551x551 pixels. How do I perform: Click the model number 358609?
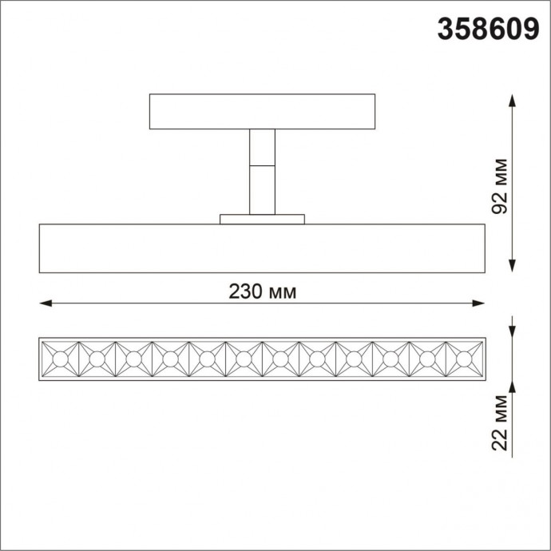[486, 30]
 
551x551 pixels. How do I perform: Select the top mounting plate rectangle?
[262, 112]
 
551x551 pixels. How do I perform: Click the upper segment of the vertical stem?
[262, 147]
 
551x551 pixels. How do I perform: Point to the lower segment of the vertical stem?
[262, 189]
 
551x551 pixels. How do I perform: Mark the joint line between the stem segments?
[262, 165]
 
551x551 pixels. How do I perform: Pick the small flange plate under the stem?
[262, 219]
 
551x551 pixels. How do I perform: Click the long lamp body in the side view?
[262, 248]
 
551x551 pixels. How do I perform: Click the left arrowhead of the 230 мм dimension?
[46, 303]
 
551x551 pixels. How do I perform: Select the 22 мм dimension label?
[501, 422]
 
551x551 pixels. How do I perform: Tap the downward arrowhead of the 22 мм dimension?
[512, 333]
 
